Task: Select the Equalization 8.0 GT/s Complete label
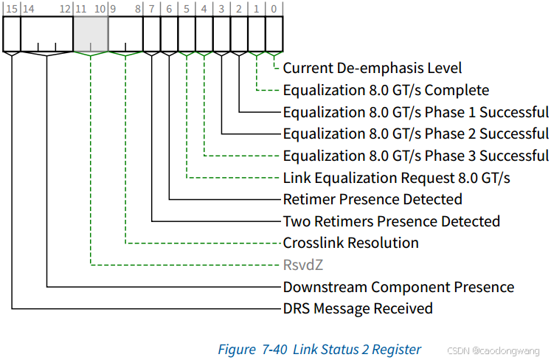point(386,91)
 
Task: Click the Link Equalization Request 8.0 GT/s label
point(397,178)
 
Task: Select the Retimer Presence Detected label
point(372,199)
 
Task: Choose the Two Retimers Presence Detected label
point(392,221)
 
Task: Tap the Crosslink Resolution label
point(350,243)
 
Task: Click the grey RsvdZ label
point(303,265)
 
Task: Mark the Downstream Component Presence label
point(398,287)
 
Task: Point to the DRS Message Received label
point(358,308)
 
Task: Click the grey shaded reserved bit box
point(91,34)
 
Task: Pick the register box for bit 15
point(12,34)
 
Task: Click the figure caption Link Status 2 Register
point(319,350)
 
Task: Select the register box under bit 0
point(274,34)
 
